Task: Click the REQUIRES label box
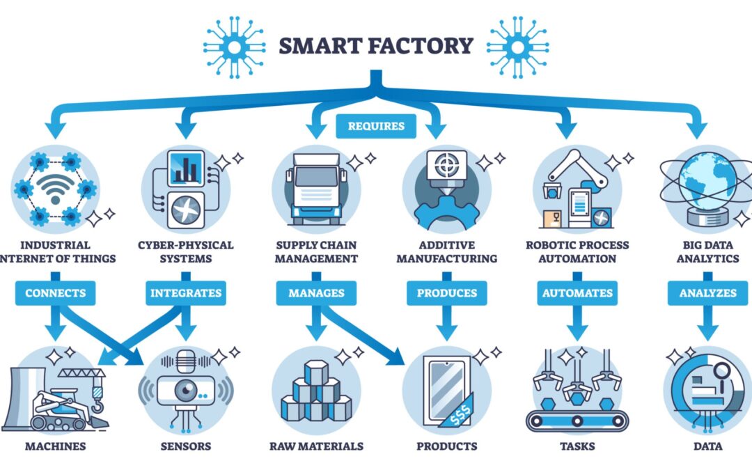(x=376, y=127)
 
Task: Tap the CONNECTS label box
(x=55, y=293)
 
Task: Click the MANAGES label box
(x=317, y=293)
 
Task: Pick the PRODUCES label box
(x=446, y=293)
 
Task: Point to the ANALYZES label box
(x=707, y=293)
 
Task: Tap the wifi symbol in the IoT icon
(x=55, y=187)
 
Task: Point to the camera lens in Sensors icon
(x=182, y=391)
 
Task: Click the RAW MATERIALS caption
(x=317, y=446)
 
